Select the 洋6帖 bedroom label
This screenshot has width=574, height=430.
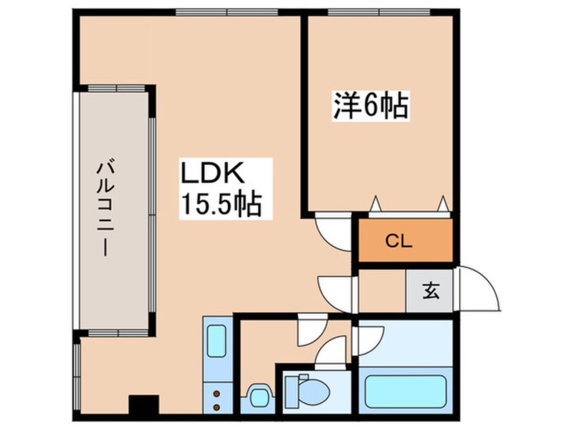point(370,106)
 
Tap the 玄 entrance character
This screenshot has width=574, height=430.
point(430,292)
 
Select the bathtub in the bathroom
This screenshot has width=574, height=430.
point(405,392)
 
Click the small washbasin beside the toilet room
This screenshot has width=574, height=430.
point(258,396)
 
